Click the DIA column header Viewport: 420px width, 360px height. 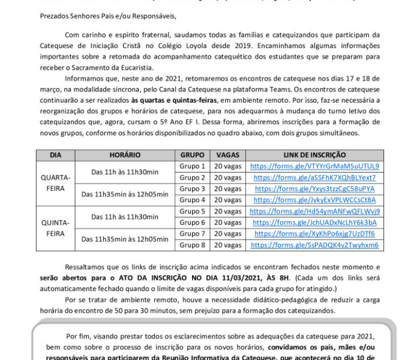coord(56,155)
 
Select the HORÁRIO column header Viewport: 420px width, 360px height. coord(125,155)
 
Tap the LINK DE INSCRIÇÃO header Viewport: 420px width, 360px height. coord(314,155)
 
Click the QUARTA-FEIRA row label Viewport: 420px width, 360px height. coord(56,183)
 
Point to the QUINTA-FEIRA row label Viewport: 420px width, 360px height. coord(56,228)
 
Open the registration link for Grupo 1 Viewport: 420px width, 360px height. coord(314,166)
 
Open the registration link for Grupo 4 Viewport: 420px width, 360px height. coord(314,200)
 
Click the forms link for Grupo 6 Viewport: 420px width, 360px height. coord(314,223)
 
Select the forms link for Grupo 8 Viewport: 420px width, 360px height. coord(314,245)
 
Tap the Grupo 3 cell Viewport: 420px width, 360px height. coord(193,188)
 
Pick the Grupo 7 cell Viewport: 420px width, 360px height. coord(193,233)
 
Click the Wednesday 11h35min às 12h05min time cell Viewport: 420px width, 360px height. coord(125,194)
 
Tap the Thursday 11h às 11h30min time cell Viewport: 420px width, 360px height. coord(125,217)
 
